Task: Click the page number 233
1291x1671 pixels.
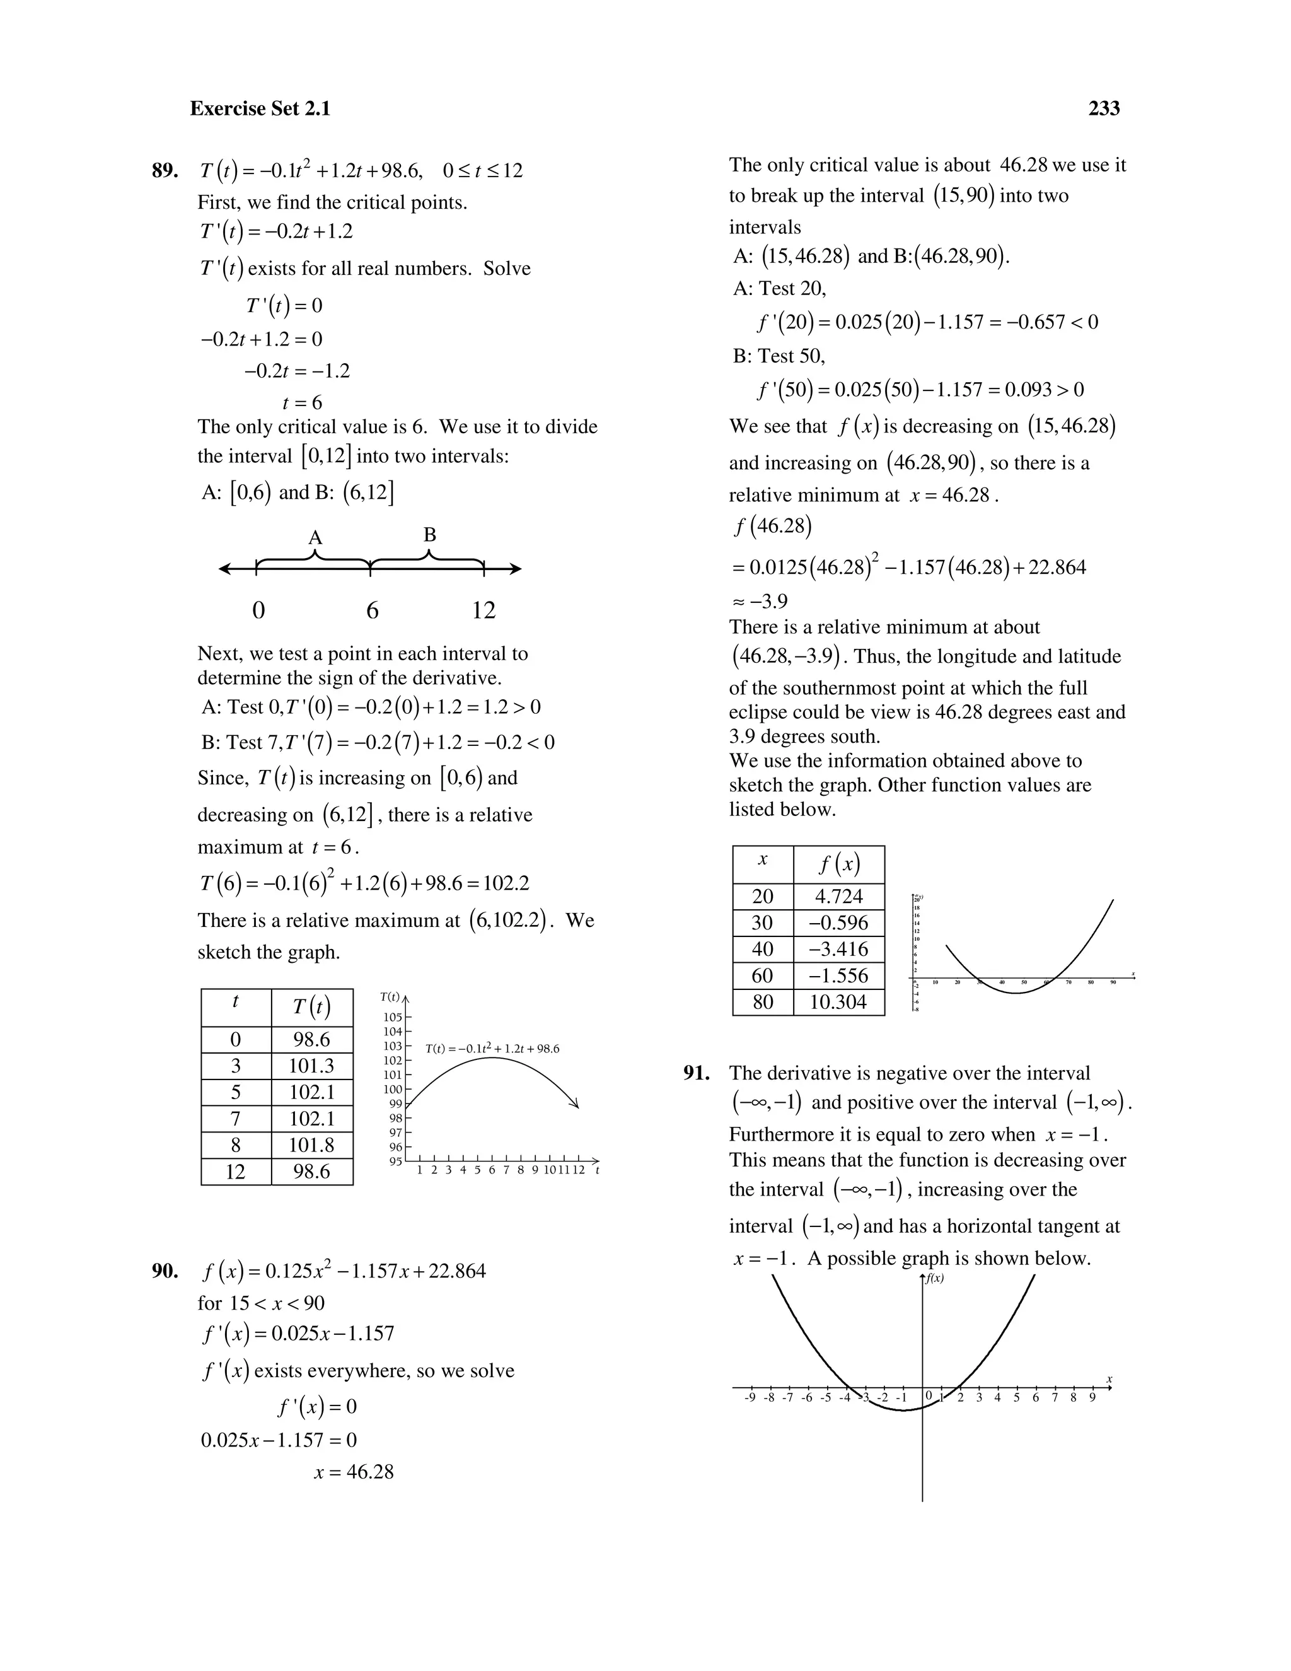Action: click(1104, 108)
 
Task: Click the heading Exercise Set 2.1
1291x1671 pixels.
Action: click(260, 108)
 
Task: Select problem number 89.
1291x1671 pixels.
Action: click(165, 171)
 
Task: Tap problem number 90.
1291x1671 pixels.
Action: click(165, 1271)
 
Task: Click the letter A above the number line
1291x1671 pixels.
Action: click(315, 538)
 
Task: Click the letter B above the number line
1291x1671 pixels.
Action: click(429, 535)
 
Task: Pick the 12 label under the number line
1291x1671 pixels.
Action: click(483, 610)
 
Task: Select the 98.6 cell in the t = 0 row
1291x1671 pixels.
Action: click(311, 1039)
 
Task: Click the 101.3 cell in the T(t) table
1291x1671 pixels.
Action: click(311, 1066)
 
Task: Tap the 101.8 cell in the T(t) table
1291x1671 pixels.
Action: click(311, 1144)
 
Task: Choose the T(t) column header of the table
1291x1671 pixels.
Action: click(311, 1007)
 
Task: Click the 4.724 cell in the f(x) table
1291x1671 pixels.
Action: click(838, 896)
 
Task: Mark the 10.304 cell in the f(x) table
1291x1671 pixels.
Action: click(838, 1001)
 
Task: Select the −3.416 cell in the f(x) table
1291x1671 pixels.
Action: click(838, 949)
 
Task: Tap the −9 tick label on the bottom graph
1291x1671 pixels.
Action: click(750, 1397)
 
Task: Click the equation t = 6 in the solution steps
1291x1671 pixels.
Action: click(302, 402)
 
